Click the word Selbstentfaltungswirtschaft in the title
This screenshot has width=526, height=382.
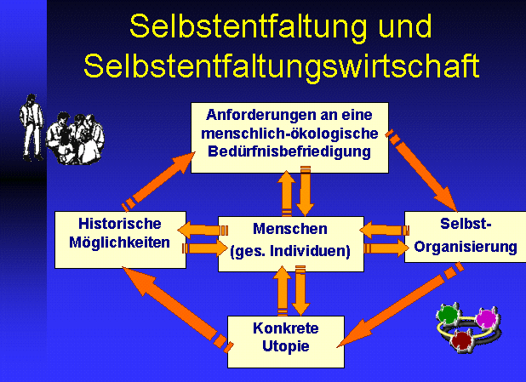pos(282,66)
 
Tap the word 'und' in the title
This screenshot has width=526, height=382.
pos(404,26)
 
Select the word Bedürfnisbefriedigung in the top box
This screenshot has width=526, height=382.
pos(289,151)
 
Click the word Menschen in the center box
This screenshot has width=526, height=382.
pos(290,229)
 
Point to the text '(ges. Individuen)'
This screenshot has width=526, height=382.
pos(290,251)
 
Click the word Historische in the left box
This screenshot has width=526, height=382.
pos(120,224)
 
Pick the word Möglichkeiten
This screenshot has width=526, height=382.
pos(119,242)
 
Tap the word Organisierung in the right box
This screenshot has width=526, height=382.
pos(466,248)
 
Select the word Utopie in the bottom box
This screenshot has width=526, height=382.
pos(286,346)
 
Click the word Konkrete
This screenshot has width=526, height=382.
pos(286,328)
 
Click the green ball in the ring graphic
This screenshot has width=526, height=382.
pos(448,314)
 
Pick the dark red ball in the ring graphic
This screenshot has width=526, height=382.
pos(462,340)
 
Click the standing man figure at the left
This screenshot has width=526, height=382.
pos(31,128)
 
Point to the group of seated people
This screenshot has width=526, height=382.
pos(75,139)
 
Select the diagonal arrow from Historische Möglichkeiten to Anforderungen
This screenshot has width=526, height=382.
pos(158,181)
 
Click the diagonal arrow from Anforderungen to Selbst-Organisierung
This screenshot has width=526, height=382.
pos(421,170)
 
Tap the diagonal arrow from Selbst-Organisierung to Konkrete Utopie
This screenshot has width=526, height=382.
pos(401,305)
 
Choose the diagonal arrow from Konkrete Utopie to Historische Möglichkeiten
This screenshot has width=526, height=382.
pos(177,309)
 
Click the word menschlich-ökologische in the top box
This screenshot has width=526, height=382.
pos(289,134)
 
